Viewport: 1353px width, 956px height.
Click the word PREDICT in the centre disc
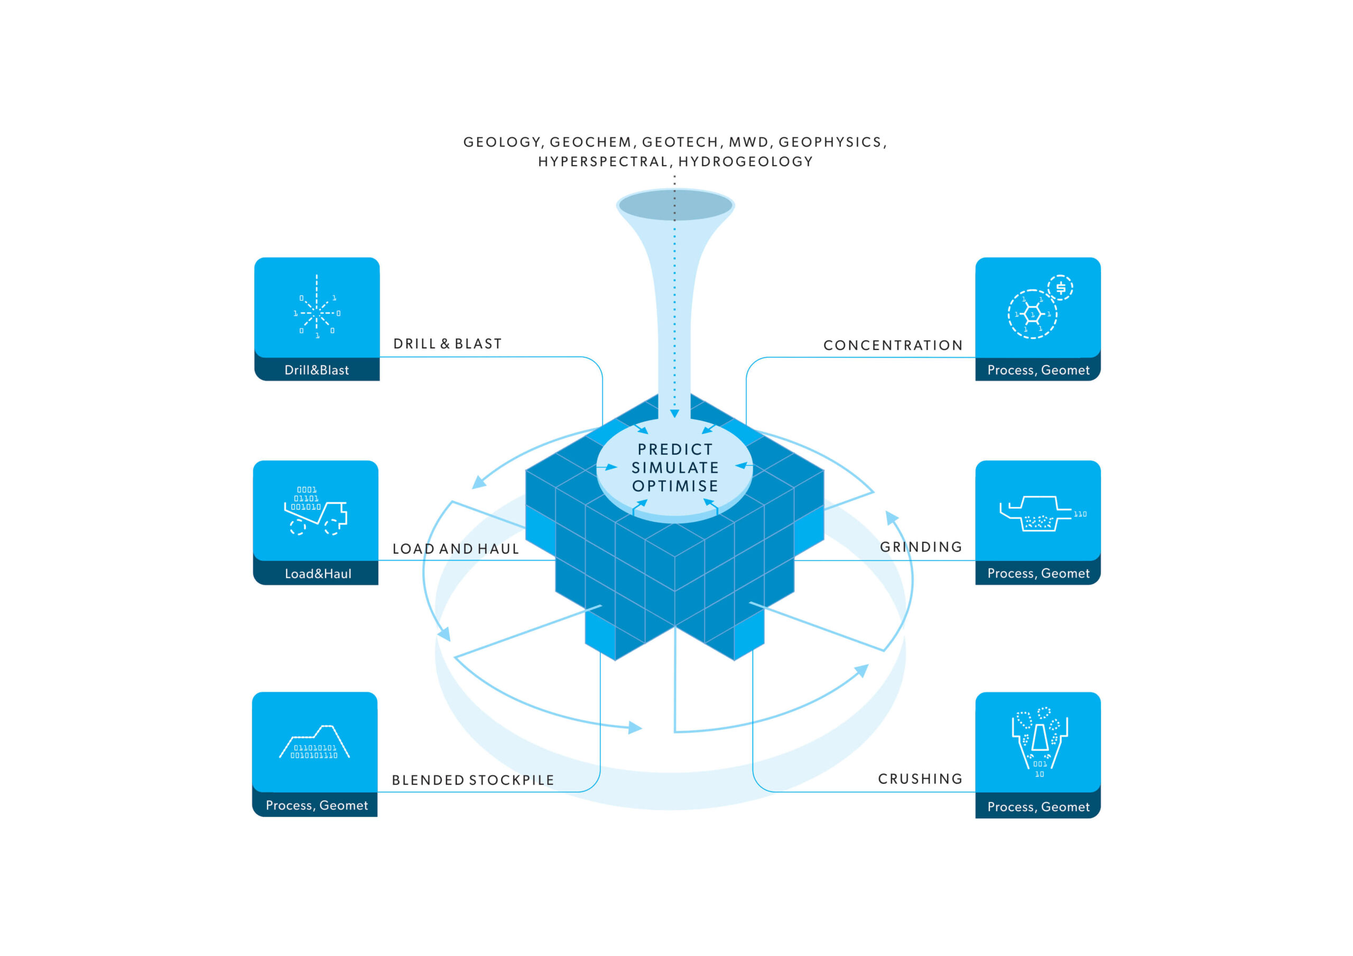[x=675, y=449]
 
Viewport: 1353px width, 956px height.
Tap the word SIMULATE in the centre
[x=675, y=467]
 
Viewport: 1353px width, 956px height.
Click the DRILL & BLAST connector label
[x=447, y=344]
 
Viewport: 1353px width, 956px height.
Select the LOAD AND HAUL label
[x=456, y=549]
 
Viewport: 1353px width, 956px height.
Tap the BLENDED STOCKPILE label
[x=472, y=780]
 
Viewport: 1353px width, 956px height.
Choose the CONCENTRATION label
[x=892, y=345]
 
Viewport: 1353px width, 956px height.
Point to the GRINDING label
[x=921, y=547]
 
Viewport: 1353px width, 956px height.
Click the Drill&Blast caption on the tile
[x=317, y=370]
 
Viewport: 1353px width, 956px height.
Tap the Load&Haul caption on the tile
[x=318, y=574]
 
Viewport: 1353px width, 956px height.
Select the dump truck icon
[x=316, y=510]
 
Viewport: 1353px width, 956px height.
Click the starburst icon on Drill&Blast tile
[x=317, y=307]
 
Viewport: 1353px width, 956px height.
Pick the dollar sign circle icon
[x=1060, y=288]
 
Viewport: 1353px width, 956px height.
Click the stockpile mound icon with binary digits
[x=314, y=742]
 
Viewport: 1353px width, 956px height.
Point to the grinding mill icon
[x=1042, y=513]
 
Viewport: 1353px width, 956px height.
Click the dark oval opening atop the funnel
[x=675, y=205]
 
